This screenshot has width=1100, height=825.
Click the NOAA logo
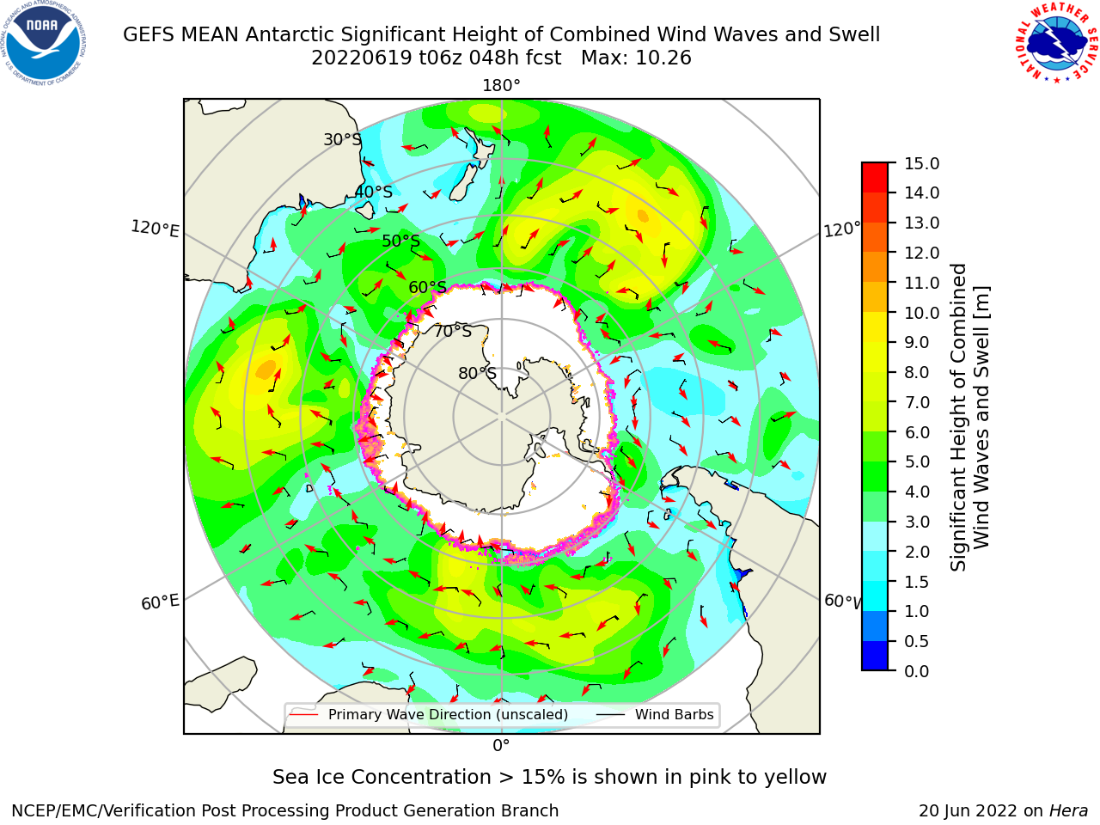(x=44, y=43)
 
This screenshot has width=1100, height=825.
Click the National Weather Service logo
(x=1055, y=43)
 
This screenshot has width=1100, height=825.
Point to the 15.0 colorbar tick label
(x=921, y=164)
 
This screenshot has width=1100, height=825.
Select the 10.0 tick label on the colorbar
(x=921, y=313)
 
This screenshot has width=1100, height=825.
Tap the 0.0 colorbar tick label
(x=917, y=671)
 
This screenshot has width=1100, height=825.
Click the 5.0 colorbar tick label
(x=917, y=461)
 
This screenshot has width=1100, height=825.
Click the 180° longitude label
(x=501, y=86)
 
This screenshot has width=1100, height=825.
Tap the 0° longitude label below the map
(x=501, y=746)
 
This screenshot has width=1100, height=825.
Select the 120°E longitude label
(x=155, y=229)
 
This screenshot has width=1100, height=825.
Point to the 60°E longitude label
(x=160, y=602)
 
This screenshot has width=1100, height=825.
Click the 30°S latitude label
(x=342, y=139)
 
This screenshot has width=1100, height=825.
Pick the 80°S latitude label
(x=477, y=373)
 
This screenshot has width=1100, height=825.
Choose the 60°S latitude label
(x=427, y=287)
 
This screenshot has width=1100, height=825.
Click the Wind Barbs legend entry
(x=655, y=714)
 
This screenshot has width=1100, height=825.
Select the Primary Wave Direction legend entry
(x=430, y=714)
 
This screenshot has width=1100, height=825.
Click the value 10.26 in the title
(x=663, y=58)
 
